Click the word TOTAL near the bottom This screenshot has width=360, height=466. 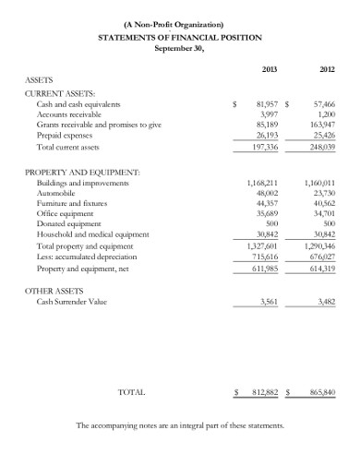click(131, 392)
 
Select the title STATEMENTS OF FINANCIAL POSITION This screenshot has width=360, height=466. click(180, 37)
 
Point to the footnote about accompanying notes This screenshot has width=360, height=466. click(180, 425)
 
